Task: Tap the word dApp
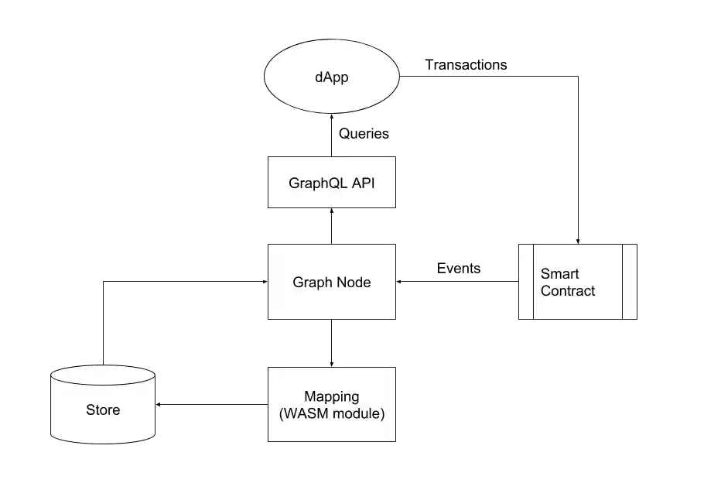pos(332,78)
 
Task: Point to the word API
pos(363,183)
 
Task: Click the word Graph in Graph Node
pos(311,283)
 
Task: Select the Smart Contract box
pos(576,306)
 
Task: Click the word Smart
pos(559,274)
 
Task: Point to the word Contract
pos(568,291)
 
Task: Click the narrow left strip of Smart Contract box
pos(525,281)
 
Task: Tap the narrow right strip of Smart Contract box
pos(629,281)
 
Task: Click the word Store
pos(103,409)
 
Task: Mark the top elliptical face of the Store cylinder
pos(102,375)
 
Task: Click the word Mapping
pos(331,397)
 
